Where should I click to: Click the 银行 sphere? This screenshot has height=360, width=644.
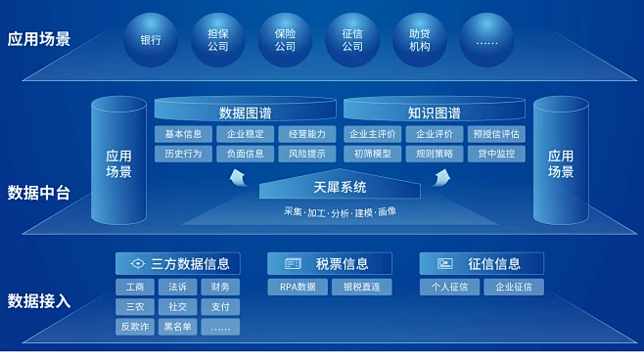click(151, 41)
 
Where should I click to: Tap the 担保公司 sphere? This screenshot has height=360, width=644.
click(218, 40)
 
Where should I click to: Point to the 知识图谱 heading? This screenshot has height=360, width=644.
click(434, 112)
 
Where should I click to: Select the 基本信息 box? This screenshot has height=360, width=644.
click(183, 134)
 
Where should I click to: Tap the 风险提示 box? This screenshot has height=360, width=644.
click(306, 154)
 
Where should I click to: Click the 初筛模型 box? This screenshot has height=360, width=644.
click(372, 154)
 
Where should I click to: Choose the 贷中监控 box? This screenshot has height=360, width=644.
click(495, 154)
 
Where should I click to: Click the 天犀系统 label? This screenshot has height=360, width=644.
click(340, 187)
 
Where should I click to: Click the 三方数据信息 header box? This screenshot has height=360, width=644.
click(177, 263)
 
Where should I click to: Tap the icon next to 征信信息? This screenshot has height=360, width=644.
click(445, 263)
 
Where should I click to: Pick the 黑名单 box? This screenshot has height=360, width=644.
click(177, 327)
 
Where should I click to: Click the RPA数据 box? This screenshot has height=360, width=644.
click(299, 288)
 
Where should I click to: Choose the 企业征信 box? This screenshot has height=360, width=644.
click(514, 288)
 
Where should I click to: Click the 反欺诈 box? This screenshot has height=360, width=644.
click(134, 327)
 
